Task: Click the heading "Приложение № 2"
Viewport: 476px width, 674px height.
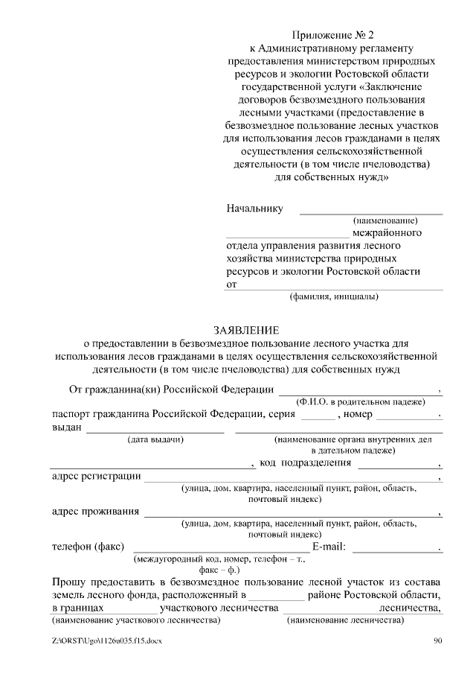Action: click(332, 34)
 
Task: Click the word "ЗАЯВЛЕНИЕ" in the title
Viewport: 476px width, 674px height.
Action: click(246, 330)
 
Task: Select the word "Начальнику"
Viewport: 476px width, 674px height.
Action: click(254, 209)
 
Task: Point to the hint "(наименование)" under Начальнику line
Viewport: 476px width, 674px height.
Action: click(385, 221)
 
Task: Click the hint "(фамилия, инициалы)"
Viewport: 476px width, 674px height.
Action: click(334, 297)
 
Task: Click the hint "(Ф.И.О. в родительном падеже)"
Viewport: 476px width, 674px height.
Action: click(360, 401)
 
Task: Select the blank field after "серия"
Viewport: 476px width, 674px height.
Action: click(318, 414)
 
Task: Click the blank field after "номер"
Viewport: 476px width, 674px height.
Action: click(408, 414)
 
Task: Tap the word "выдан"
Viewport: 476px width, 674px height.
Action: click(66, 427)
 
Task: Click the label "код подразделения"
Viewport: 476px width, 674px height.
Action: click(305, 463)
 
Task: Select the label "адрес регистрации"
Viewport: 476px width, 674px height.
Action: click(94, 476)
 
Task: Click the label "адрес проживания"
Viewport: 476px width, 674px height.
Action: click(95, 512)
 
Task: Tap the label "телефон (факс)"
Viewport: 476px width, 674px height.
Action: click(86, 547)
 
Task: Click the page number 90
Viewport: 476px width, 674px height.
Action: click(438, 642)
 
